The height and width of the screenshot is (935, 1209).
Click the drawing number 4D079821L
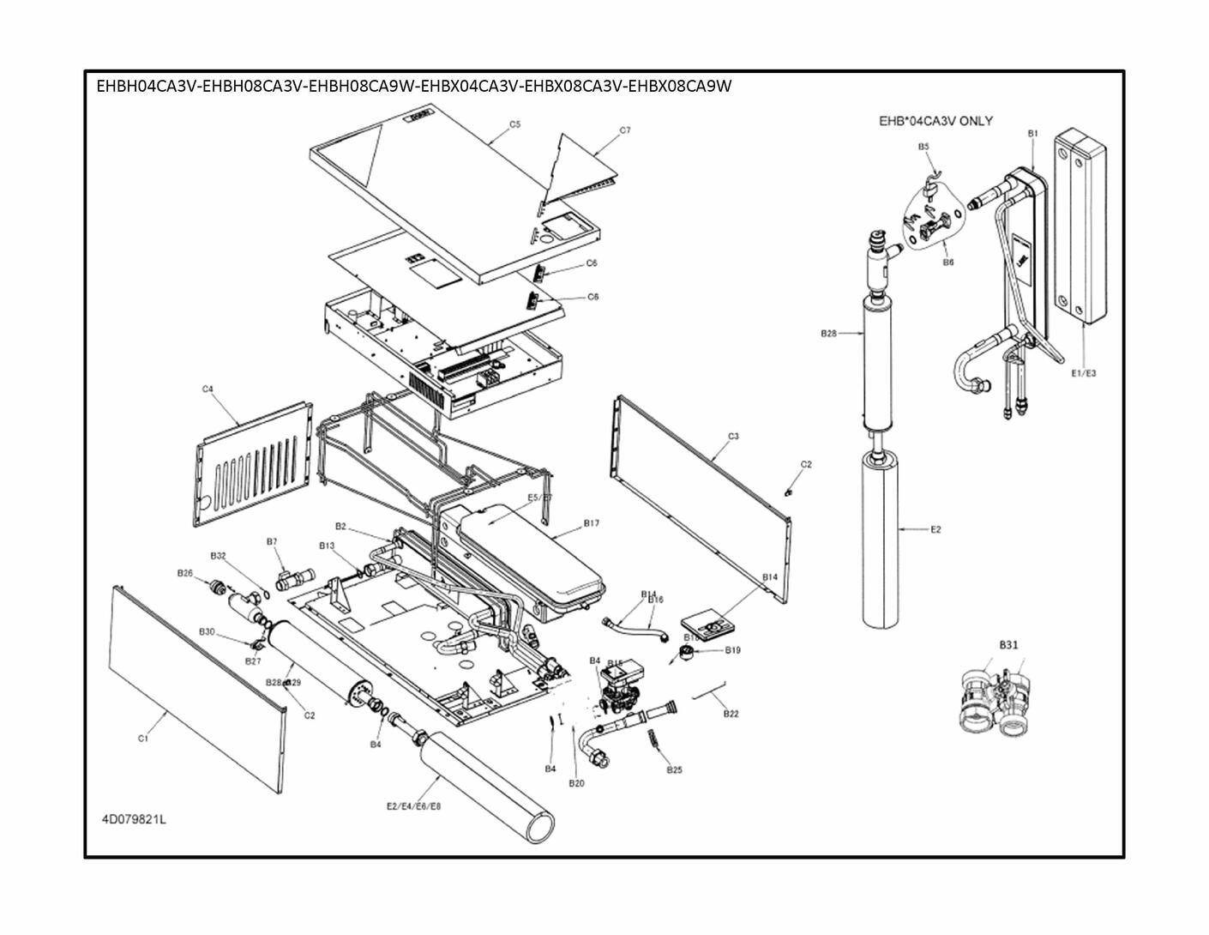[x=135, y=819]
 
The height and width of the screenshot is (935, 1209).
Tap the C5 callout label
[x=514, y=124]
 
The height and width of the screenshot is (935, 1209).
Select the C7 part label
[x=625, y=130]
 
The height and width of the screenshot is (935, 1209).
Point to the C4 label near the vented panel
[x=208, y=389]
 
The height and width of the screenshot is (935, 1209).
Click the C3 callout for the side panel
[x=733, y=437]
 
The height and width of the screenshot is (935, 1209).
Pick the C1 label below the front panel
[x=143, y=738]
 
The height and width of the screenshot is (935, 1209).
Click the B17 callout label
[x=592, y=522]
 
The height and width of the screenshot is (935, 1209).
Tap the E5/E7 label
[x=540, y=498]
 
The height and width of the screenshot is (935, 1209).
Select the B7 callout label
[x=272, y=541]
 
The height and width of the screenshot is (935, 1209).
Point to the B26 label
[x=185, y=573]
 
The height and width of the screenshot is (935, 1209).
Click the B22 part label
[x=731, y=714]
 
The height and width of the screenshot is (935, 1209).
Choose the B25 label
[x=675, y=769]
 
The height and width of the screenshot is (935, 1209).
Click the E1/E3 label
[x=1084, y=373]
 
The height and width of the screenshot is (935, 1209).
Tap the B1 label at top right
[x=1033, y=133]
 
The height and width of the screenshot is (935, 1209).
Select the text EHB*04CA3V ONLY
[x=935, y=121]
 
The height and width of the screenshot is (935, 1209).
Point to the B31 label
[x=1008, y=644]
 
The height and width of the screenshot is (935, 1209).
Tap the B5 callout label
[x=923, y=147]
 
